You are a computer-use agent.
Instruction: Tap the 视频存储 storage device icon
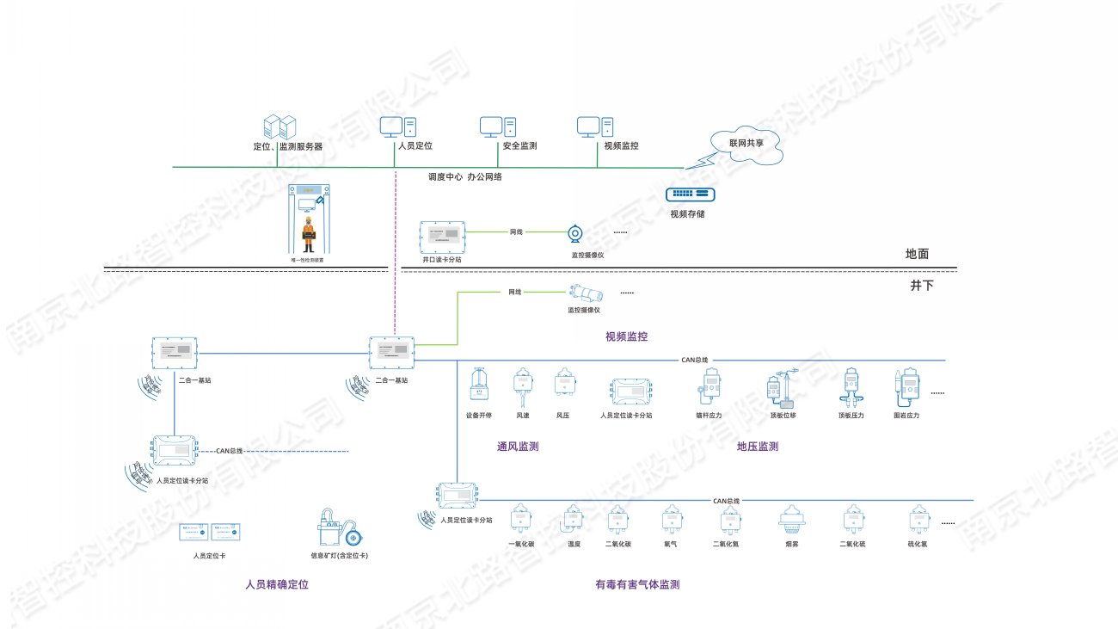pos(691,196)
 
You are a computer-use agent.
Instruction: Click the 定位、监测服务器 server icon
pos(279,127)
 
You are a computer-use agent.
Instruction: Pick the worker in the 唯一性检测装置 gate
pos(307,231)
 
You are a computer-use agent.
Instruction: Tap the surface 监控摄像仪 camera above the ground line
pos(574,233)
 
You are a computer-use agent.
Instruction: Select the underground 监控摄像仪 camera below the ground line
pos(582,293)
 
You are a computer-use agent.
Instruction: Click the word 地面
pos(917,255)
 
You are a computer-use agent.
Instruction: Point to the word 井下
pos(921,285)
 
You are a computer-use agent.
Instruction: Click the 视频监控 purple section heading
pos(626,336)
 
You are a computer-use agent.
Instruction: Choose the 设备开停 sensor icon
pos(478,385)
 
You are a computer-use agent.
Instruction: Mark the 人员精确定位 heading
pos(276,585)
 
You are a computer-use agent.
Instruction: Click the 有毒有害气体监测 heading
pos(637,585)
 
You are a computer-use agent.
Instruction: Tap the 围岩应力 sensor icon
pos(906,387)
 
